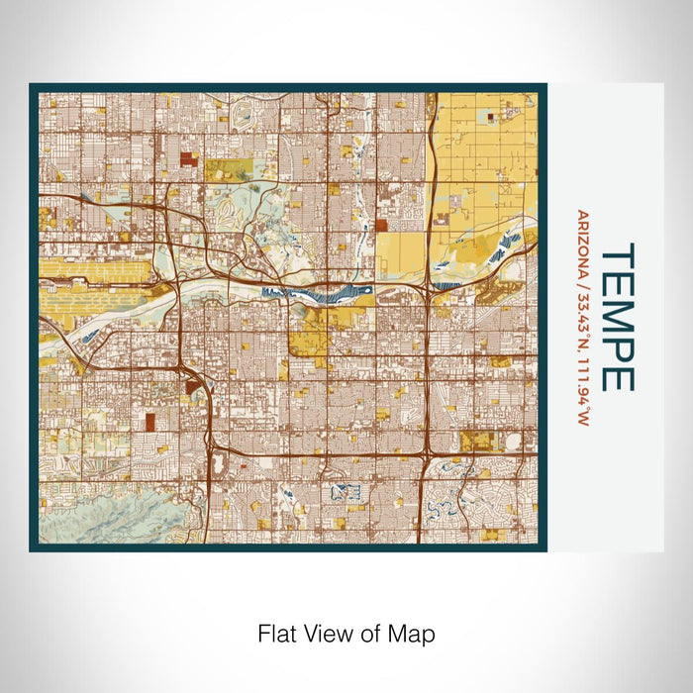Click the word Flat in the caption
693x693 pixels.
[275, 633]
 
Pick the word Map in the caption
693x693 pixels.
[415, 633]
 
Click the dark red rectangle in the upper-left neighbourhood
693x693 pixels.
[188, 157]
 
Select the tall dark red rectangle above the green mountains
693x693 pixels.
[150, 423]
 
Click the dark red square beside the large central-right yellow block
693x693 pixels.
[381, 225]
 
